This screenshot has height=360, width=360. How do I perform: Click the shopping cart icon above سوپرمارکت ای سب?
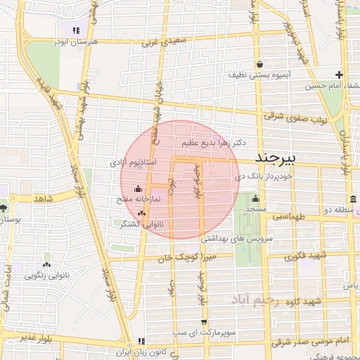204,323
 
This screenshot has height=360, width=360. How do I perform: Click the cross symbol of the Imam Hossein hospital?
339,75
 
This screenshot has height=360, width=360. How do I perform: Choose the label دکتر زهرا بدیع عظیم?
214,142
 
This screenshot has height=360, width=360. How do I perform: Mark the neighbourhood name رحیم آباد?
259,300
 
